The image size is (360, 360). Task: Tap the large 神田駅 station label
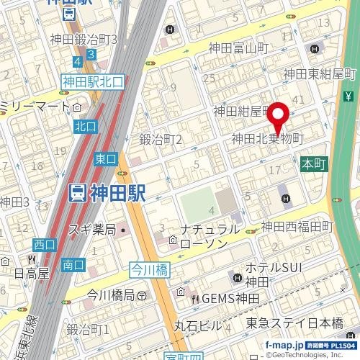[x=107, y=193]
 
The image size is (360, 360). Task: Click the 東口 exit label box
[x=105, y=159]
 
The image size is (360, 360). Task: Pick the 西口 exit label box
[x=45, y=245]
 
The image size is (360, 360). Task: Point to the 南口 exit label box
[x=73, y=265]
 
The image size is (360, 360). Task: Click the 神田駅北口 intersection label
[x=93, y=82]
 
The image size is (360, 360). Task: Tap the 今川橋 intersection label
[x=148, y=269]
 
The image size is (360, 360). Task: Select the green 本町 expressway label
[x=314, y=164]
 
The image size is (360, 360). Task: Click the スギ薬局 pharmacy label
[x=92, y=230]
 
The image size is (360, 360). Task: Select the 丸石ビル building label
[x=198, y=325]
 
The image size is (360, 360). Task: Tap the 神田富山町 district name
[x=238, y=48]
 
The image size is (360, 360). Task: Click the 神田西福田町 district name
[x=297, y=227]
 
